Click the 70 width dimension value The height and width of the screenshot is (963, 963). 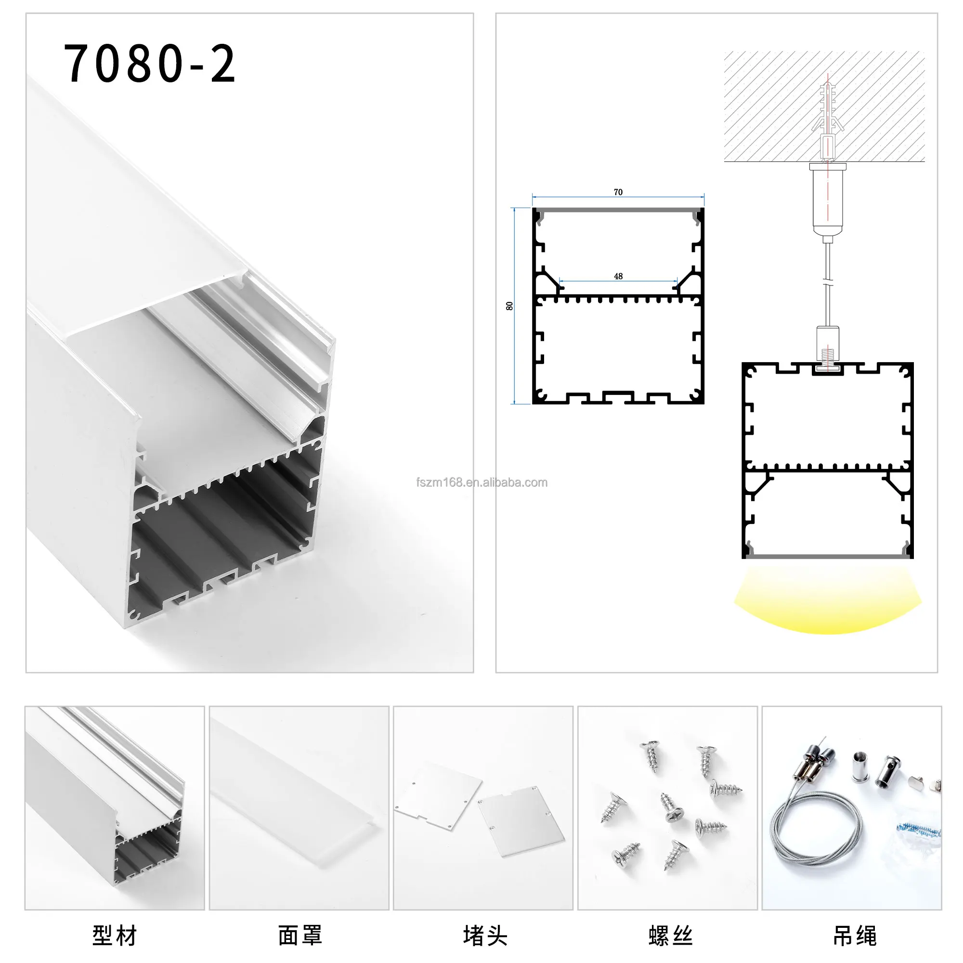tap(618, 192)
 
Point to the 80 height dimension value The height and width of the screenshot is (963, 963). tap(509, 306)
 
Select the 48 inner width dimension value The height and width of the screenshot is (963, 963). tap(618, 276)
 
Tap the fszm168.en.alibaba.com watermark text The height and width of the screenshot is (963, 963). tap(481, 482)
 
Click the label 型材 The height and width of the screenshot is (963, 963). tap(115, 935)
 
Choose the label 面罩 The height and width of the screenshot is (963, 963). tap(299, 935)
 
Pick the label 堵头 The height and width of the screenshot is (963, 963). tap(484, 935)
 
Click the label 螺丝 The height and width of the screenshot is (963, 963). tap(670, 935)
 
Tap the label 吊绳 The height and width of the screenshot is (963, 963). tap(854, 935)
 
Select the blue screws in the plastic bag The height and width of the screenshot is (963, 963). tap(918, 830)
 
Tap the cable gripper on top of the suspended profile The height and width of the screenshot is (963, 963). tap(827, 344)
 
